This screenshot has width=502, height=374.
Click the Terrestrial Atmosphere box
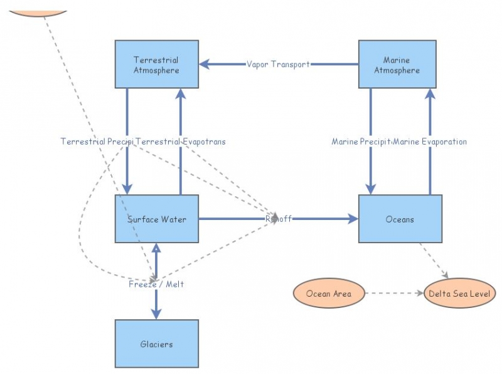click(156, 65)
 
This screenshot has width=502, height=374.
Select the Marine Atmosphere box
click(397, 65)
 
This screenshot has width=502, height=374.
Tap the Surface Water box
click(156, 219)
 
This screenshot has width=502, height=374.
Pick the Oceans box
click(400, 219)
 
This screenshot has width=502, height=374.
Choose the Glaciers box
click(156, 344)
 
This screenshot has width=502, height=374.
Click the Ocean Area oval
click(329, 294)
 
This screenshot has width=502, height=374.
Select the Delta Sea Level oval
click(459, 294)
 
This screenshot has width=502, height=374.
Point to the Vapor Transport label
click(278, 64)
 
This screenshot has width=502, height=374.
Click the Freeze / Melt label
click(156, 284)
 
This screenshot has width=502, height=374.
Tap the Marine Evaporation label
click(430, 142)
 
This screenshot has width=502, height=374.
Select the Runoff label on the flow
click(278, 219)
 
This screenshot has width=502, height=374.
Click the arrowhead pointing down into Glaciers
click(156, 314)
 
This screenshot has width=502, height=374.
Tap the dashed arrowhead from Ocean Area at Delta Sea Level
click(420, 294)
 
